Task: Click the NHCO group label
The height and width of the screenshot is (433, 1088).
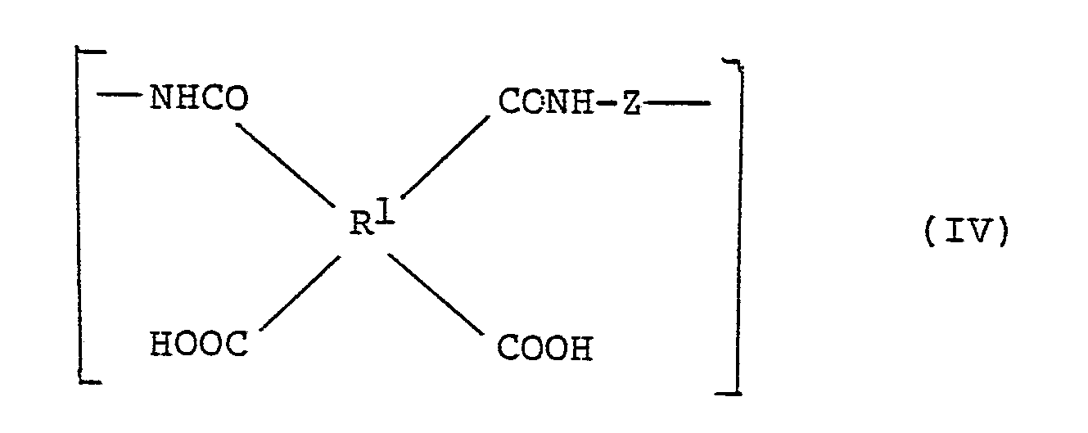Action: pos(198,101)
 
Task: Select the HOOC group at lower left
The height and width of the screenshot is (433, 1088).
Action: pos(199,345)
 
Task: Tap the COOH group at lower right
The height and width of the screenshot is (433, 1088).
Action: pos(544,350)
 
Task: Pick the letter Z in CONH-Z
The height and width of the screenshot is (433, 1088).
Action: pos(630,104)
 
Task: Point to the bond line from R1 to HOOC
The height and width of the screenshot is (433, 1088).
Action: pos(300,291)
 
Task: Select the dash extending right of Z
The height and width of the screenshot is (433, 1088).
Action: pos(677,103)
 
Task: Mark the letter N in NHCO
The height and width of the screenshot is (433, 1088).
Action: pos(161,101)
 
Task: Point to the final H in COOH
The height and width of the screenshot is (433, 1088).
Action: pos(580,350)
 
